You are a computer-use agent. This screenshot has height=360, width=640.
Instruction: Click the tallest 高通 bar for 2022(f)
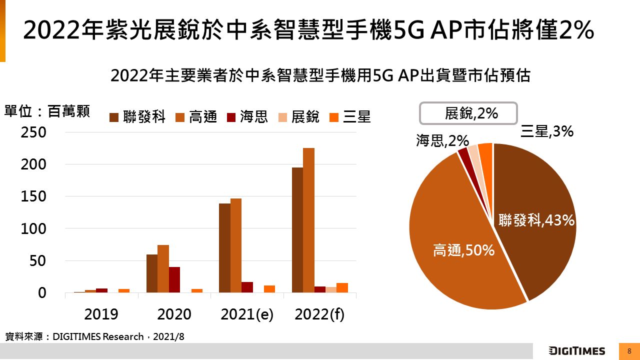point(308,220)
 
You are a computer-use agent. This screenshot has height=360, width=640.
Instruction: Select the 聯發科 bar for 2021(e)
point(224,248)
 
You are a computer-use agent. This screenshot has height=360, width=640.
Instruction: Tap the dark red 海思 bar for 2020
point(174,279)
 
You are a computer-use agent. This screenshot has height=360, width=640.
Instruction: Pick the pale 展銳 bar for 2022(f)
point(331,289)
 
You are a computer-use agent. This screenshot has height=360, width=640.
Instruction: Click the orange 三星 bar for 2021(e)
point(269,289)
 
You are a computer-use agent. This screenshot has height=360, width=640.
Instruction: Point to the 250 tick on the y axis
point(33,132)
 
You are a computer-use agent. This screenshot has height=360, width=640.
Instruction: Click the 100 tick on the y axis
point(33,229)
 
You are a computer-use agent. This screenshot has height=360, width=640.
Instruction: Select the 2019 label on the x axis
point(101,314)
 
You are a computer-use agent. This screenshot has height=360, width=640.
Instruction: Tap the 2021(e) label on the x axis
point(247,314)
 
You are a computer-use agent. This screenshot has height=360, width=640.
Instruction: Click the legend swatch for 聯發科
point(114,117)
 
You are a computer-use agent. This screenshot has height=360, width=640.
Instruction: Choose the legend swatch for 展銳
point(282,117)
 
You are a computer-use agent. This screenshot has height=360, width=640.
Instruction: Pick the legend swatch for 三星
point(333,117)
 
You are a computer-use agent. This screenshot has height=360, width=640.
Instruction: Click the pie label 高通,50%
point(463,250)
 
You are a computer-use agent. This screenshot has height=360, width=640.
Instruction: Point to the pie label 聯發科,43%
point(536,220)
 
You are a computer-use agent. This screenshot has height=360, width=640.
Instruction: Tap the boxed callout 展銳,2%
point(468,113)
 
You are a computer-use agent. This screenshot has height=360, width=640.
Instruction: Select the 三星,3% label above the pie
point(546,131)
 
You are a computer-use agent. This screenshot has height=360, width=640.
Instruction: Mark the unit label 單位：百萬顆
point(47,111)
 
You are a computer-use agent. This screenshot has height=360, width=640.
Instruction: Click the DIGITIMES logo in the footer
point(577,351)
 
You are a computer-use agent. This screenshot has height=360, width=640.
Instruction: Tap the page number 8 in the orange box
point(629,351)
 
